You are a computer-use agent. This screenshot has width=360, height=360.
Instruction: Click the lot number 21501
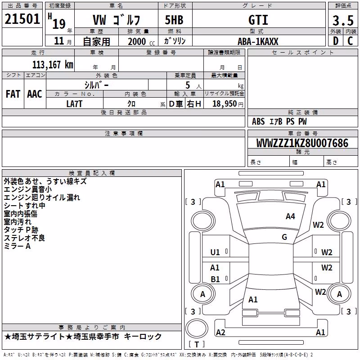coord(22,19)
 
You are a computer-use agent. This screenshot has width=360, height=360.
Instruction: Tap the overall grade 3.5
coord(343,20)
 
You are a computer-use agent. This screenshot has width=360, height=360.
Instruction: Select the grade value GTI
coord(258,20)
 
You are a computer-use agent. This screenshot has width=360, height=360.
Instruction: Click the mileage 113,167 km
coord(53,65)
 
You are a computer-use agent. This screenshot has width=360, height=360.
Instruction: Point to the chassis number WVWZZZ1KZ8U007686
coord(302,143)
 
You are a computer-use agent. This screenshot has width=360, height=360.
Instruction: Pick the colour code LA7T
coord(74,104)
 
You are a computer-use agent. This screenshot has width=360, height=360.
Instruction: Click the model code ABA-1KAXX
coord(258,41)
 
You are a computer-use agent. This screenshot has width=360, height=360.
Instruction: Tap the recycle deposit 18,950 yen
coord(228,104)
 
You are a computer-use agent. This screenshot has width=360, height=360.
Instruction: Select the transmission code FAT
coord(13,94)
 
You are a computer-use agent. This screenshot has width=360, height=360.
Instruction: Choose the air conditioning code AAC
coord(35,94)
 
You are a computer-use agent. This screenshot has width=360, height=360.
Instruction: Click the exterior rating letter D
coord(336,41)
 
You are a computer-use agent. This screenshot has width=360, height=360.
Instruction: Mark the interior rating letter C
coord(350,41)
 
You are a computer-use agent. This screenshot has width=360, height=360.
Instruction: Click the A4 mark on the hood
coord(290,216)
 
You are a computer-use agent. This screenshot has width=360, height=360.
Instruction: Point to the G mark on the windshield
coord(284,237)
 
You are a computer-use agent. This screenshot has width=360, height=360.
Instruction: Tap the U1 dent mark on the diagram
coord(215,252)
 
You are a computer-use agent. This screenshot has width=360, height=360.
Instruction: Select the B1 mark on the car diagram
coord(215,279)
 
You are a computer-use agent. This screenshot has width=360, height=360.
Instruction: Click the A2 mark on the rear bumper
coord(220,332)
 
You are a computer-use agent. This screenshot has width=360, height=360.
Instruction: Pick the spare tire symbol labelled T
coord(197,344)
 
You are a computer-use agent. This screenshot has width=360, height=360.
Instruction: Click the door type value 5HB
coord(174,20)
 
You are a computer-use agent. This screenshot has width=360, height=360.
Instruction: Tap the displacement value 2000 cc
coord(141,41)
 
